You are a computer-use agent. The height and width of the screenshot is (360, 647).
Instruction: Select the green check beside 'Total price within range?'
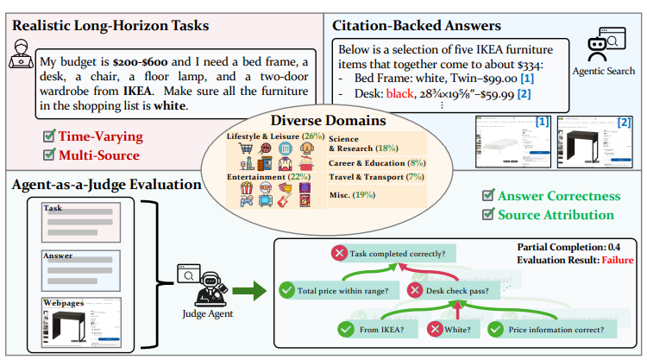286,291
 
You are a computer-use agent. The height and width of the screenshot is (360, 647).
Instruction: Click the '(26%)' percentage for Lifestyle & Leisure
312,136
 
